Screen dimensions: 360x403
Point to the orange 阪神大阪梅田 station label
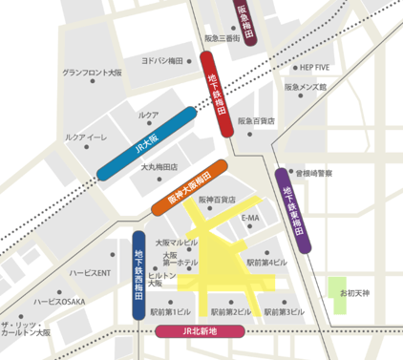pyautogui.click(x=189, y=186)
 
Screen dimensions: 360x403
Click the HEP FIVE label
pyautogui.click(x=314, y=69)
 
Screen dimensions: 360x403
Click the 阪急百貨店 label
pyautogui.click(x=257, y=122)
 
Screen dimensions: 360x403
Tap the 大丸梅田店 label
pyautogui.click(x=159, y=167)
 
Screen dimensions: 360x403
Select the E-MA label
pyautogui.click(x=251, y=218)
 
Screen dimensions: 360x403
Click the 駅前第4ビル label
pyautogui.click(x=265, y=262)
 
